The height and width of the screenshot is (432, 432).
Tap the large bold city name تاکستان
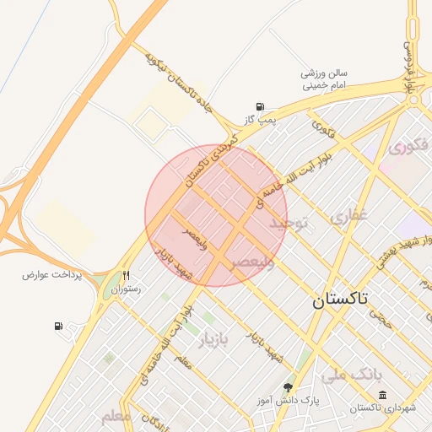pos(345,300)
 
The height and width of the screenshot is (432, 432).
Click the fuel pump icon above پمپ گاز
pos(259,106)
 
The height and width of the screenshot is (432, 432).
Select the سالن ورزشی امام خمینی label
pos(325,78)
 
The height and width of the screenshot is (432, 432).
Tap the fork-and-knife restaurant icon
pos(127,274)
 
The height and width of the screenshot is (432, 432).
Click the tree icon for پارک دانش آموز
pos(289,388)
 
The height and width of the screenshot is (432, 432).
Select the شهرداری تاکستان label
pos(384,408)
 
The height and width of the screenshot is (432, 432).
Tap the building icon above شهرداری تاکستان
pos(383,395)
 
